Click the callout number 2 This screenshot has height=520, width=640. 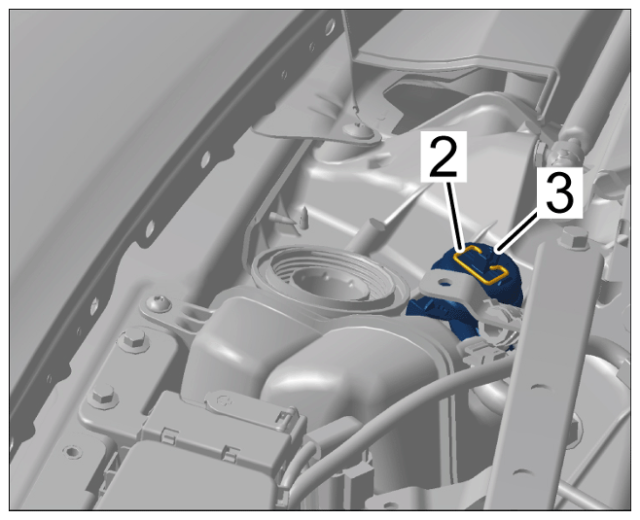(444, 156)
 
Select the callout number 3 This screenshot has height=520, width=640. (559, 191)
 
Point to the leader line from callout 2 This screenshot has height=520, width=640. (456, 214)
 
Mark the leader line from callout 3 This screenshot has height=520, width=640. (518, 231)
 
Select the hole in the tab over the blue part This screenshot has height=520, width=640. (445, 281)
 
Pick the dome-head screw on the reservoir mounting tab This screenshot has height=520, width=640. (160, 304)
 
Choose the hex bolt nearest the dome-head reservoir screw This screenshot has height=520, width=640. (132, 338)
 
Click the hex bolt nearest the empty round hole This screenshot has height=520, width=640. (103, 397)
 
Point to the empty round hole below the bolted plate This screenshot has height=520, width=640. (71, 452)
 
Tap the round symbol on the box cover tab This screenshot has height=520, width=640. (224, 400)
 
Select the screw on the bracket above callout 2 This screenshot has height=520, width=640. (359, 128)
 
